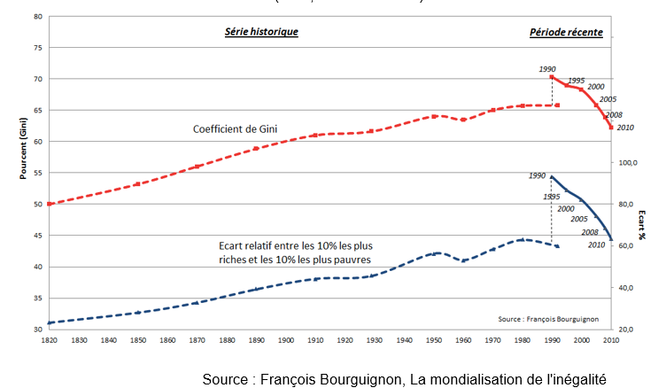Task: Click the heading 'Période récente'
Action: (x=567, y=32)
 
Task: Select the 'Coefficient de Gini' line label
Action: (x=236, y=129)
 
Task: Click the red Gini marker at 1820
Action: (x=50, y=204)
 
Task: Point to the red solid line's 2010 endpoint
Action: (x=611, y=127)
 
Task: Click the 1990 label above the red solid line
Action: (x=547, y=68)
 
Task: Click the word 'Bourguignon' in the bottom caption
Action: (x=358, y=379)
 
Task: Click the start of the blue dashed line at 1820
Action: (x=50, y=322)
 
